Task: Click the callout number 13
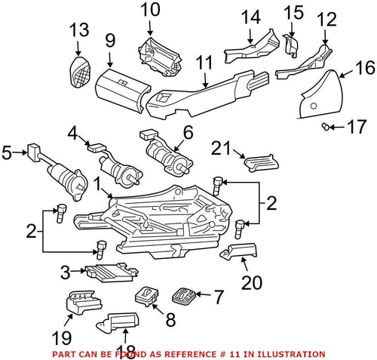coord(79,31)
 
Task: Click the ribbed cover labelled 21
coord(258,162)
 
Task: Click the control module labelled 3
coord(107,272)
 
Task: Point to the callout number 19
coord(63,337)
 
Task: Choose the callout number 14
coord(250,16)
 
